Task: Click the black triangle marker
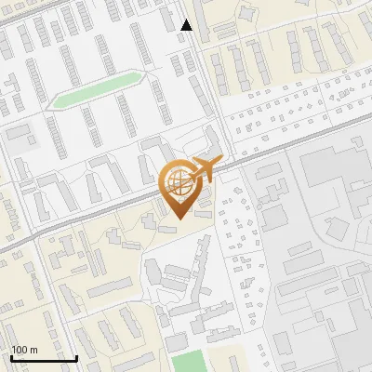(x=187, y=25)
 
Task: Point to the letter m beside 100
(x=33, y=350)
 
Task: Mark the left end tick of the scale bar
(x=11, y=356)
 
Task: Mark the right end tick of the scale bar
(x=76, y=356)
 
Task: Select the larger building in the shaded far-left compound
(x=20, y=140)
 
